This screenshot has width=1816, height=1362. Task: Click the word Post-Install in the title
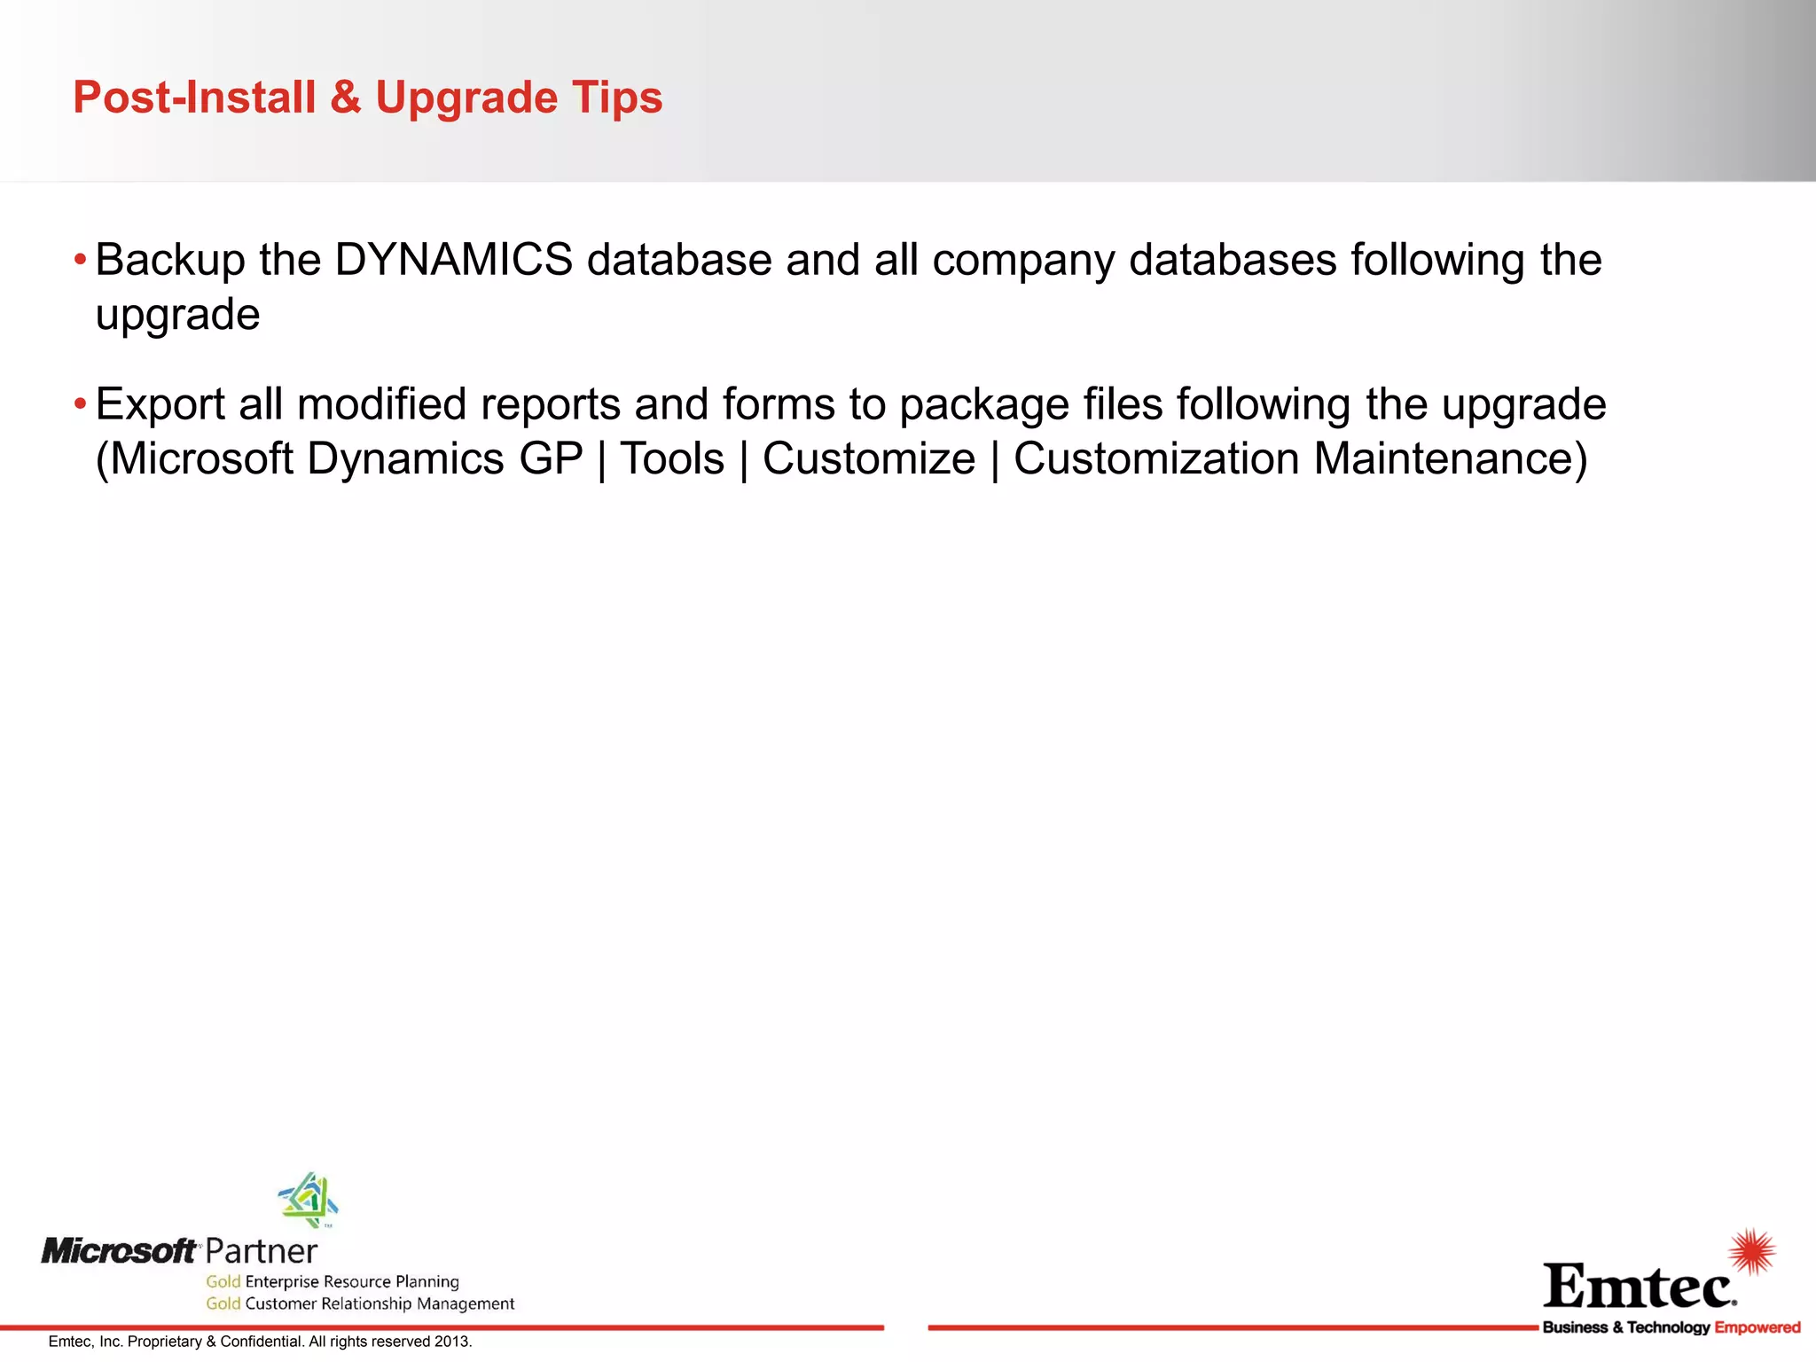pyautogui.click(x=194, y=97)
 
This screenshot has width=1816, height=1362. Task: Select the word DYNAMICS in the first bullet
pyautogui.click(x=453, y=260)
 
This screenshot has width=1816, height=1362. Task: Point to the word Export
pyautogui.click(x=160, y=404)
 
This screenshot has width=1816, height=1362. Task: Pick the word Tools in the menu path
pyautogui.click(x=672, y=459)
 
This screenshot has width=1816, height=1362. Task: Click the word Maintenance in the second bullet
pyautogui.click(x=1450, y=459)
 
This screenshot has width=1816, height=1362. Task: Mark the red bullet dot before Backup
pyautogui.click(x=81, y=261)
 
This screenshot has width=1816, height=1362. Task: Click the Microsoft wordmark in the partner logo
pyautogui.click(x=119, y=1251)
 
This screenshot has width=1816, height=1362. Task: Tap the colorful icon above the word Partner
pyautogui.click(x=309, y=1199)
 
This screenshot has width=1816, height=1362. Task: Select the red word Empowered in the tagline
pyautogui.click(x=1757, y=1327)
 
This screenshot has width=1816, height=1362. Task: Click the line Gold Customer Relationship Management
pyautogui.click(x=360, y=1303)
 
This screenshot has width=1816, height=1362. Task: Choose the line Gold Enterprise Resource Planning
pyautogui.click(x=333, y=1281)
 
